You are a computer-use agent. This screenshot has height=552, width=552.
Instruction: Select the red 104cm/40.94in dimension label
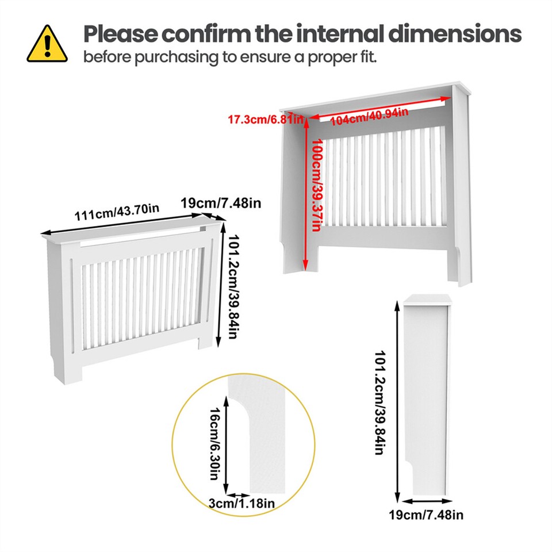370,115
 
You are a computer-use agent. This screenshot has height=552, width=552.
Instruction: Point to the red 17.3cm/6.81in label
265,120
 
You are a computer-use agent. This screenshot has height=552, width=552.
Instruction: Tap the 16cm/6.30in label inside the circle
214,443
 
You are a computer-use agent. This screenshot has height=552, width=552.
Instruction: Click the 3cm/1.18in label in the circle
241,504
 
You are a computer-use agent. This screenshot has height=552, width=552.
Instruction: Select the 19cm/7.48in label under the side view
426,515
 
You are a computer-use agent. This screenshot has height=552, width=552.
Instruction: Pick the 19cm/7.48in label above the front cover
221,203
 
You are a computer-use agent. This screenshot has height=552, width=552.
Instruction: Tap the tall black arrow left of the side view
397,402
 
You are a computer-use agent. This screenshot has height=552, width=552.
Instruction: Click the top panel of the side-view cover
428,299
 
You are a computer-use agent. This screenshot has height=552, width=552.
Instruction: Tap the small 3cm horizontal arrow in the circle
237,494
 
